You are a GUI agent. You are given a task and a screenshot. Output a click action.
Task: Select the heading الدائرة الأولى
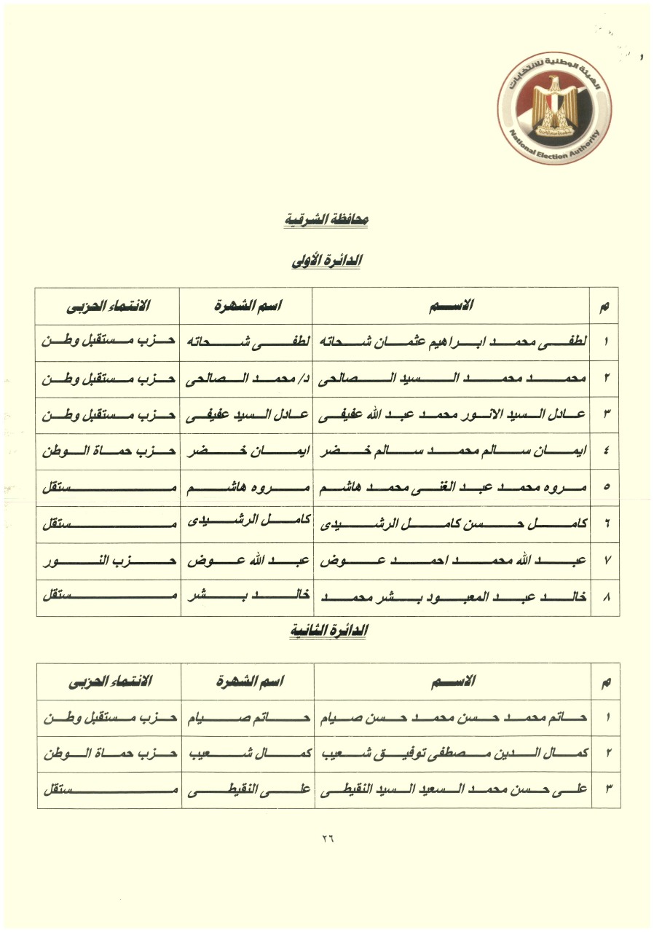click(327, 261)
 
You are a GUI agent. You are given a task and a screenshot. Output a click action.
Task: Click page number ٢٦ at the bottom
click(326, 837)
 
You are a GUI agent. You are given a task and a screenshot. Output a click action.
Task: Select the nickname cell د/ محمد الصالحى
click(247, 379)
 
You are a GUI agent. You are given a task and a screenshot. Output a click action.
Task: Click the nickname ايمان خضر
click(247, 451)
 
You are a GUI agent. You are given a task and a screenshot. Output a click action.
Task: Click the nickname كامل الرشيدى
click(247, 524)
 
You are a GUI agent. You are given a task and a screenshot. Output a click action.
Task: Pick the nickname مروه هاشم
click(247, 488)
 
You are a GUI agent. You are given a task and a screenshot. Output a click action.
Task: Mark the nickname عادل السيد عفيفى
click(247, 415)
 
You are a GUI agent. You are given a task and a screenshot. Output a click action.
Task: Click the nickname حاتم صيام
click(247, 718)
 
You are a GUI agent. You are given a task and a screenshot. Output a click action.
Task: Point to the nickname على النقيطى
click(247, 791)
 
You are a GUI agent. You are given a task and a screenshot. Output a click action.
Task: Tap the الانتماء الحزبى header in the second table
click(109, 682)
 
